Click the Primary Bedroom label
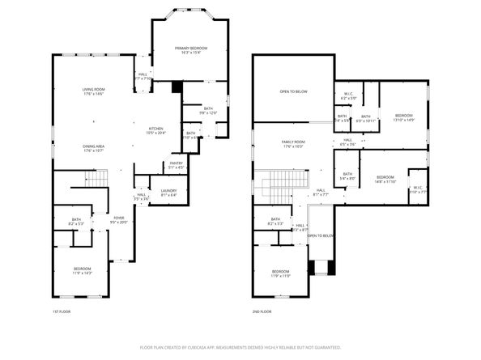[191, 50]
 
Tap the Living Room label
[93, 91]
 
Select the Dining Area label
[93, 147]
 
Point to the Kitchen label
[155, 130]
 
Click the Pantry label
[176, 165]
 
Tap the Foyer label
[119, 218]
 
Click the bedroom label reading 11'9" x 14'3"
[82, 271]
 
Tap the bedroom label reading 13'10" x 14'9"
[403, 118]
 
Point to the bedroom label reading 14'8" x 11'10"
[385, 179]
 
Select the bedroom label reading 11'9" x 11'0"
[280, 273]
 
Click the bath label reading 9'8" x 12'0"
[208, 111]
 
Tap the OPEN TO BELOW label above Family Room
[293, 91]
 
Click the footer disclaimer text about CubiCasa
[240, 347]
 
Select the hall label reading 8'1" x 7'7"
[320, 192]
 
